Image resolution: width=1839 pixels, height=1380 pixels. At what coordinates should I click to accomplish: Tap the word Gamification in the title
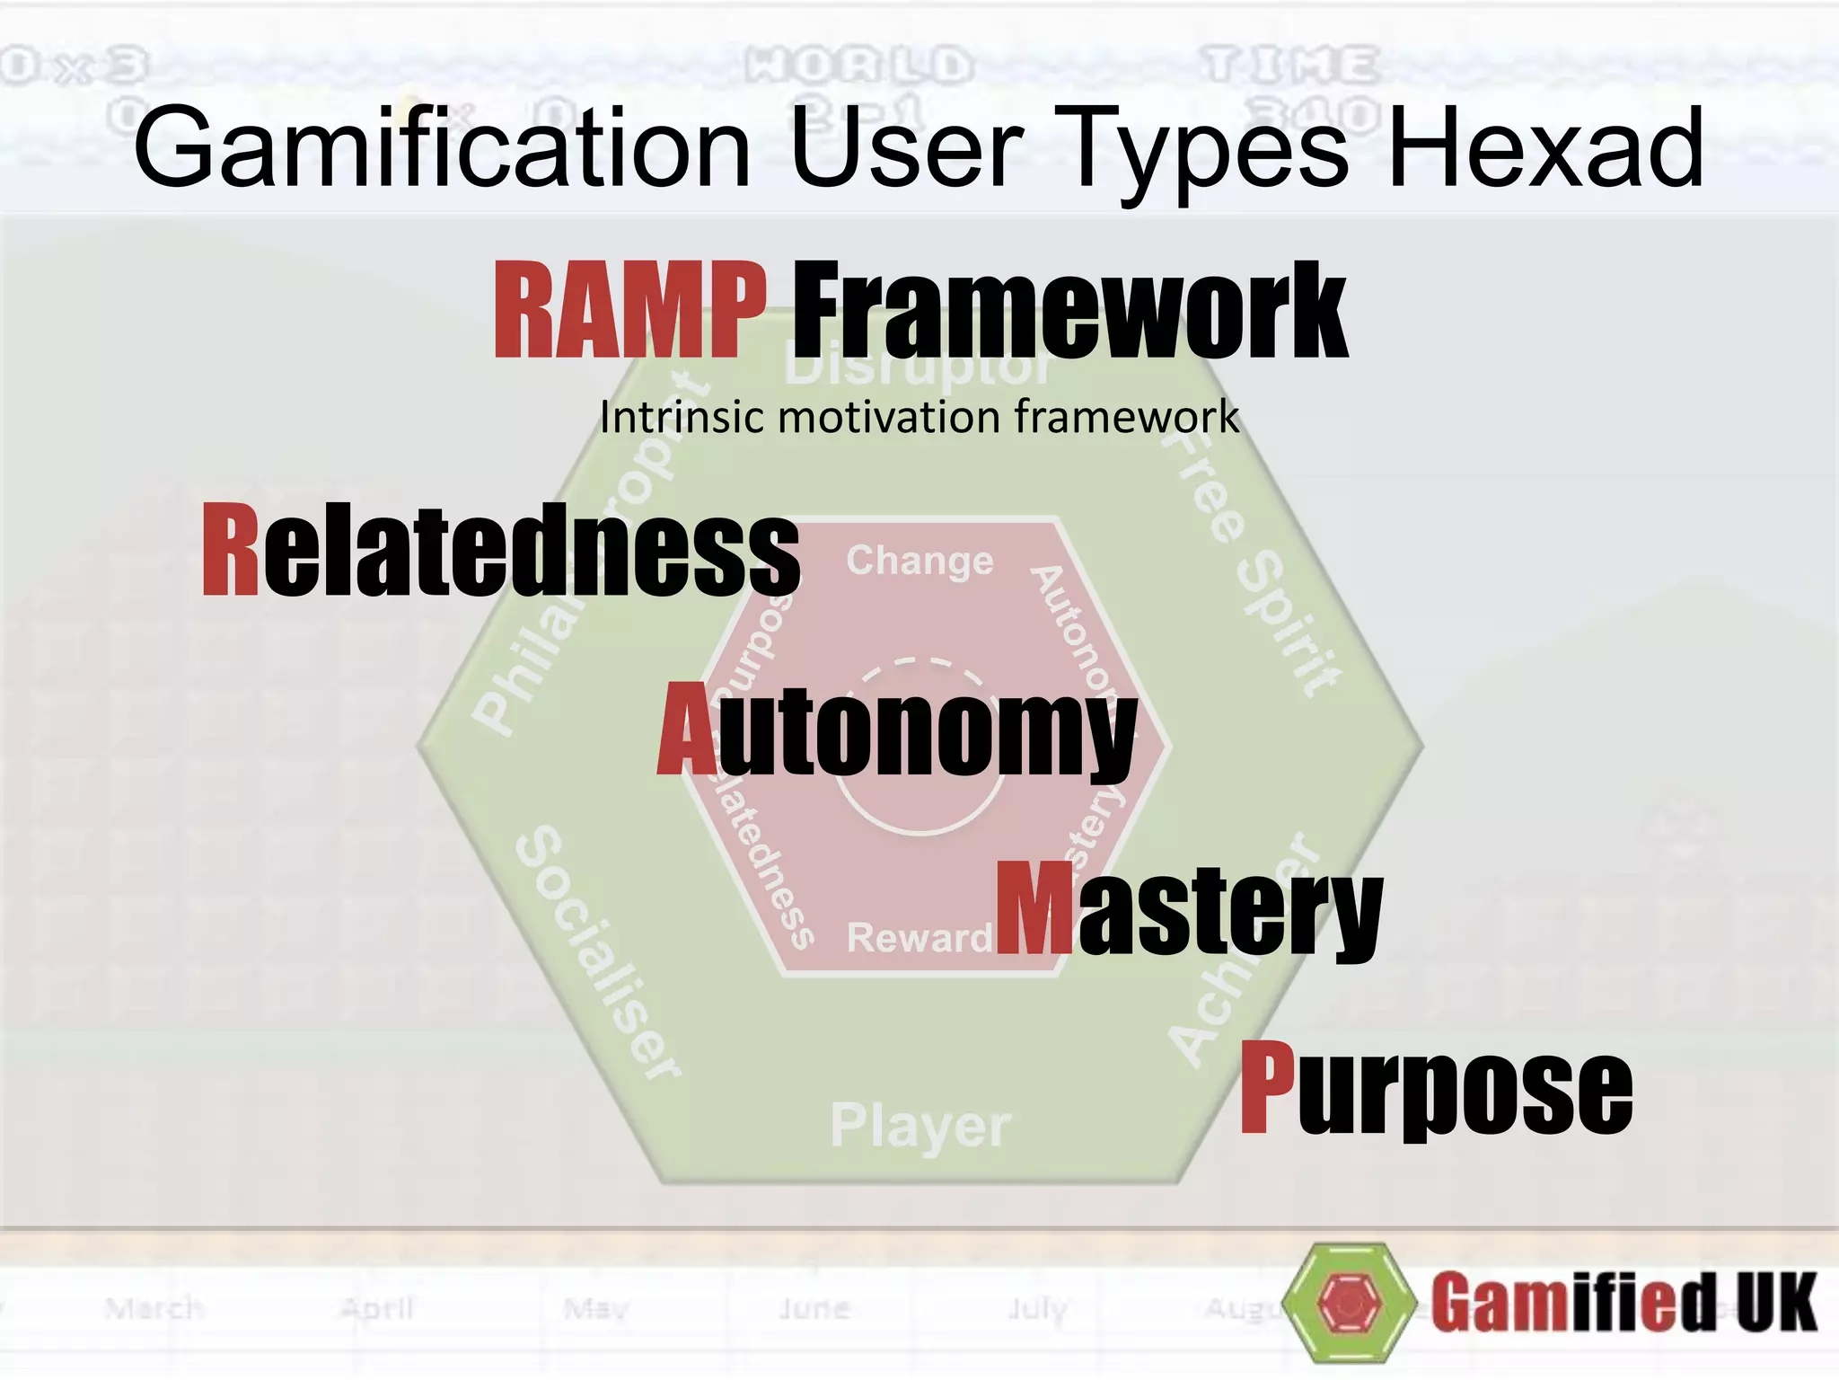442,148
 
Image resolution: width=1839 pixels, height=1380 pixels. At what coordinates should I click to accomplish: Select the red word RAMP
630,310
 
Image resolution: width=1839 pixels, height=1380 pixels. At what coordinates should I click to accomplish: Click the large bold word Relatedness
501,550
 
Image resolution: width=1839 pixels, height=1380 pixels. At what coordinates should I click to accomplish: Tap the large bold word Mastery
1189,909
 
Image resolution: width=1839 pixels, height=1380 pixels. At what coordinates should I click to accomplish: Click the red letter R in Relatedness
231,550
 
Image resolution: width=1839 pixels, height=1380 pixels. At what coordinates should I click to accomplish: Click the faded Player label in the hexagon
920,1126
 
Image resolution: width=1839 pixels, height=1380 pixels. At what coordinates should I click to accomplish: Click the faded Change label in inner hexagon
919,562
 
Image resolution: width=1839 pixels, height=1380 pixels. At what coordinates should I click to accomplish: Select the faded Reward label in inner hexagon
918,938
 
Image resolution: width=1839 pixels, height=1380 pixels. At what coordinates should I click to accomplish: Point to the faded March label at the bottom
154,1308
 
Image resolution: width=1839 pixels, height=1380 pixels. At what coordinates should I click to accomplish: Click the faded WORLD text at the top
858,65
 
